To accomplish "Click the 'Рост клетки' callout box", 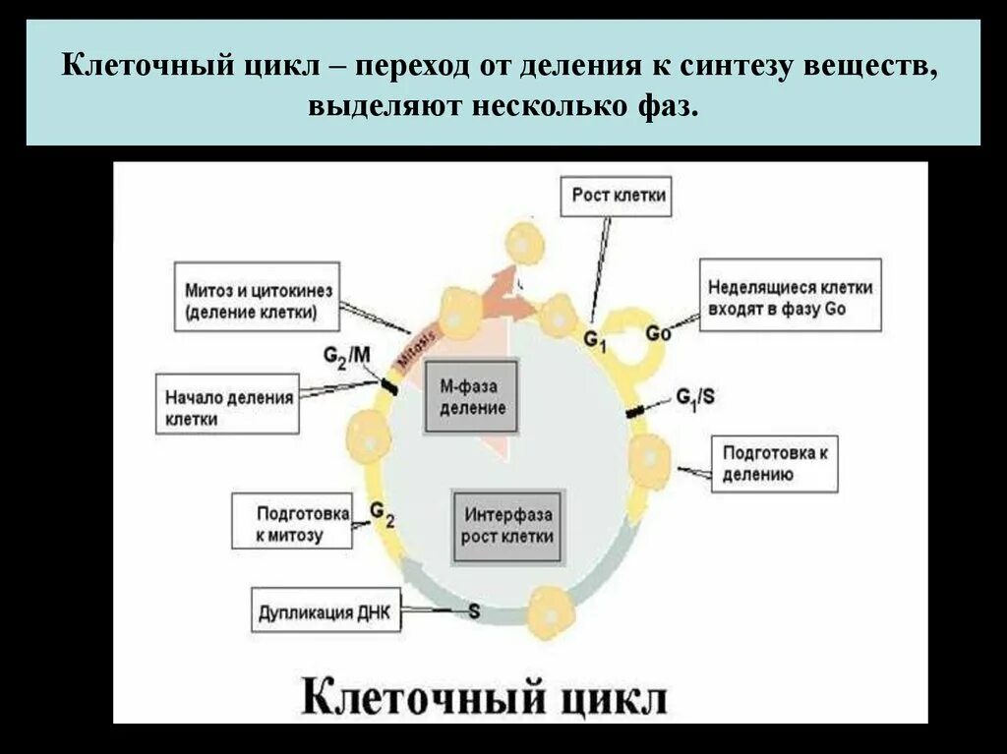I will click(619, 196).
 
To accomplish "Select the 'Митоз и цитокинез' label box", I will click(257, 302).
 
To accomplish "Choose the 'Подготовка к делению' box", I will click(774, 463).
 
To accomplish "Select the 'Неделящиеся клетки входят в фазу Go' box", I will click(790, 297).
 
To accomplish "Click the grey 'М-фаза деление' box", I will click(472, 397).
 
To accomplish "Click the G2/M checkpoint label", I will click(347, 356).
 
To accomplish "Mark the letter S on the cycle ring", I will click(474, 611).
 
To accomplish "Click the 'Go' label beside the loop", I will click(658, 333).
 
